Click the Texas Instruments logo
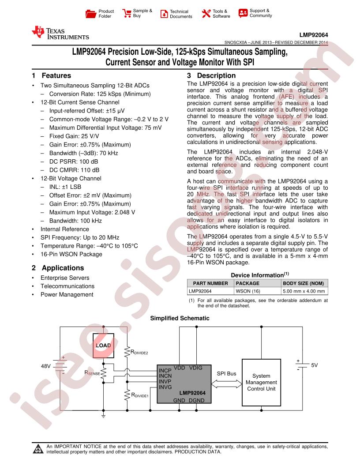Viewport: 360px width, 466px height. [60, 33]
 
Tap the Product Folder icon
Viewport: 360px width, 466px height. [90, 14]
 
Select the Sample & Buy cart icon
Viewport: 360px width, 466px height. [127, 13]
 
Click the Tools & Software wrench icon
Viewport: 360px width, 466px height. [206, 14]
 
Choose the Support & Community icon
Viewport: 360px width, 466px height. [243, 13]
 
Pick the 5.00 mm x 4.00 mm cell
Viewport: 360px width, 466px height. [304, 291]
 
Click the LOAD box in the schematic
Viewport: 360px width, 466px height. [103, 345]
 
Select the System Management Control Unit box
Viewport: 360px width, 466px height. [261, 382]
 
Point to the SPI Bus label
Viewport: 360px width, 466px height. [226, 373]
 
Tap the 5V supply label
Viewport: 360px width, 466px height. [314, 365]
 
